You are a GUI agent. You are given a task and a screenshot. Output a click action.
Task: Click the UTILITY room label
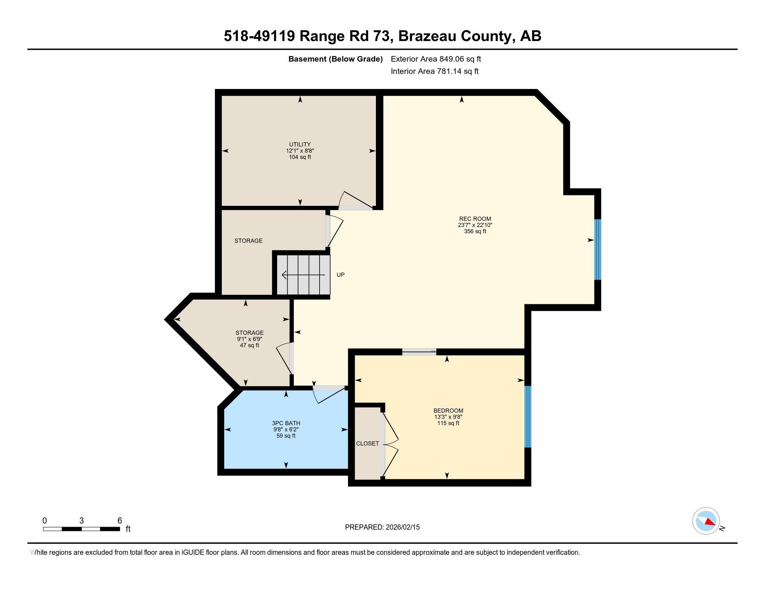click(300, 145)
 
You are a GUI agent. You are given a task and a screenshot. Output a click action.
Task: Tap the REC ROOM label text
click(475, 219)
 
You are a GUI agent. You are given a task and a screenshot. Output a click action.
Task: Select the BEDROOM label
click(448, 411)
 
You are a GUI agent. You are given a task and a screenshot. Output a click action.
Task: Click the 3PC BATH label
click(286, 423)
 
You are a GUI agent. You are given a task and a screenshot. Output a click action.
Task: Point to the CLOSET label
click(368, 444)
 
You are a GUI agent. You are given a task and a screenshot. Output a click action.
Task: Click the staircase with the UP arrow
click(303, 275)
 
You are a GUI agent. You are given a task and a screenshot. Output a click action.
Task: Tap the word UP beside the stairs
click(340, 275)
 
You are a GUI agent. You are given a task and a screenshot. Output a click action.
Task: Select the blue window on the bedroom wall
click(528, 416)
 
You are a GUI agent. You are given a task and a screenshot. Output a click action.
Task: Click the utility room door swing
click(354, 201)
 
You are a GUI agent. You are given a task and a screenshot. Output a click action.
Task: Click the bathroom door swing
click(328, 395)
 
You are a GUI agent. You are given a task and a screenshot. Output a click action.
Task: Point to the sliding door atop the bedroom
click(419, 352)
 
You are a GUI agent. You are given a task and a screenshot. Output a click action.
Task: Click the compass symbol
click(706, 521)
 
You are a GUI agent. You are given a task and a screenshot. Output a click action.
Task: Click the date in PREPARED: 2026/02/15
click(402, 527)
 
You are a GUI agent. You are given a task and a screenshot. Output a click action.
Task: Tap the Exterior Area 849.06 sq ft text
click(436, 59)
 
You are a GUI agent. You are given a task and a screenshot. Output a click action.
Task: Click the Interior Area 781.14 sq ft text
click(434, 71)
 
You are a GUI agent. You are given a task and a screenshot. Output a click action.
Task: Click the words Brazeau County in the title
click(456, 36)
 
